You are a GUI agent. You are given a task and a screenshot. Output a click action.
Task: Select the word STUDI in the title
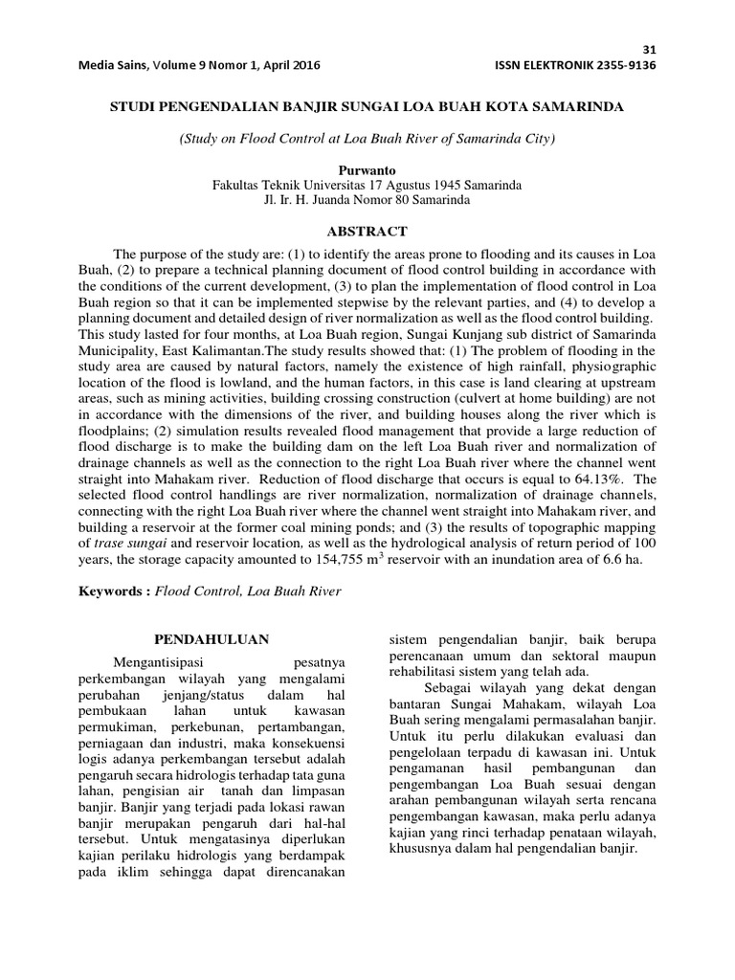click(x=133, y=108)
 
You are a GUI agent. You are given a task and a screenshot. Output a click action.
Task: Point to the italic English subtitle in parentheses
click(x=367, y=139)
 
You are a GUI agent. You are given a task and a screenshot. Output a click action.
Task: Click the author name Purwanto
click(x=367, y=169)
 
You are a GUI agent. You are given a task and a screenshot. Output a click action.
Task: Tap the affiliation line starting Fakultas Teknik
click(x=367, y=185)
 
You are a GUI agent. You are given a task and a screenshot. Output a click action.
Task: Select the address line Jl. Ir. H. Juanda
click(x=367, y=200)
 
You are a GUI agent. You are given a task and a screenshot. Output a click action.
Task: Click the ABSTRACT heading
click(x=367, y=232)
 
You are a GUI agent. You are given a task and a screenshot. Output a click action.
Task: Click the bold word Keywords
click(x=111, y=591)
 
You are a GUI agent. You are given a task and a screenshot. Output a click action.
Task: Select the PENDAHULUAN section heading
click(x=212, y=638)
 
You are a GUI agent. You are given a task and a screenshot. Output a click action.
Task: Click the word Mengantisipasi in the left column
click(x=158, y=661)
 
